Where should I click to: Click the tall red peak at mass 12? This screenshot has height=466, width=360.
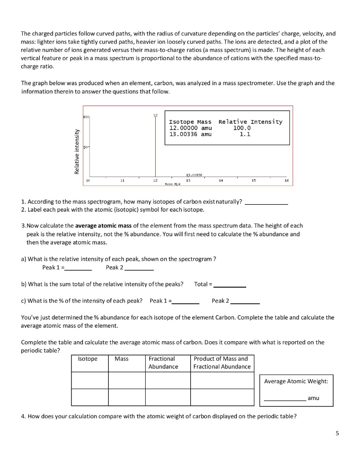coord(155,146)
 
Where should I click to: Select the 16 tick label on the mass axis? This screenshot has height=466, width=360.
coord(286,181)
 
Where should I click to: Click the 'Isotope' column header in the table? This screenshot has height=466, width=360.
coord(88,359)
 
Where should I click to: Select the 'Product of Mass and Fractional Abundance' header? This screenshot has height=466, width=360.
coord(222,363)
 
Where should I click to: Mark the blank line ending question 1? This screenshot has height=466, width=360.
coord(267,204)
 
